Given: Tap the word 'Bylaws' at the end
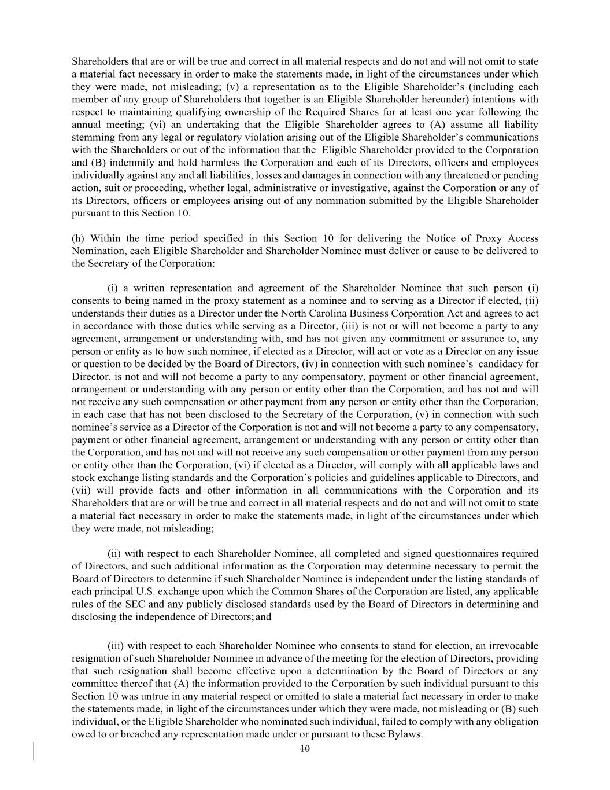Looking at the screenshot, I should point(405,734).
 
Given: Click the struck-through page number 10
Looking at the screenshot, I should point(305,748).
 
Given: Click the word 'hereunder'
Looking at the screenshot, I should point(442,100).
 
